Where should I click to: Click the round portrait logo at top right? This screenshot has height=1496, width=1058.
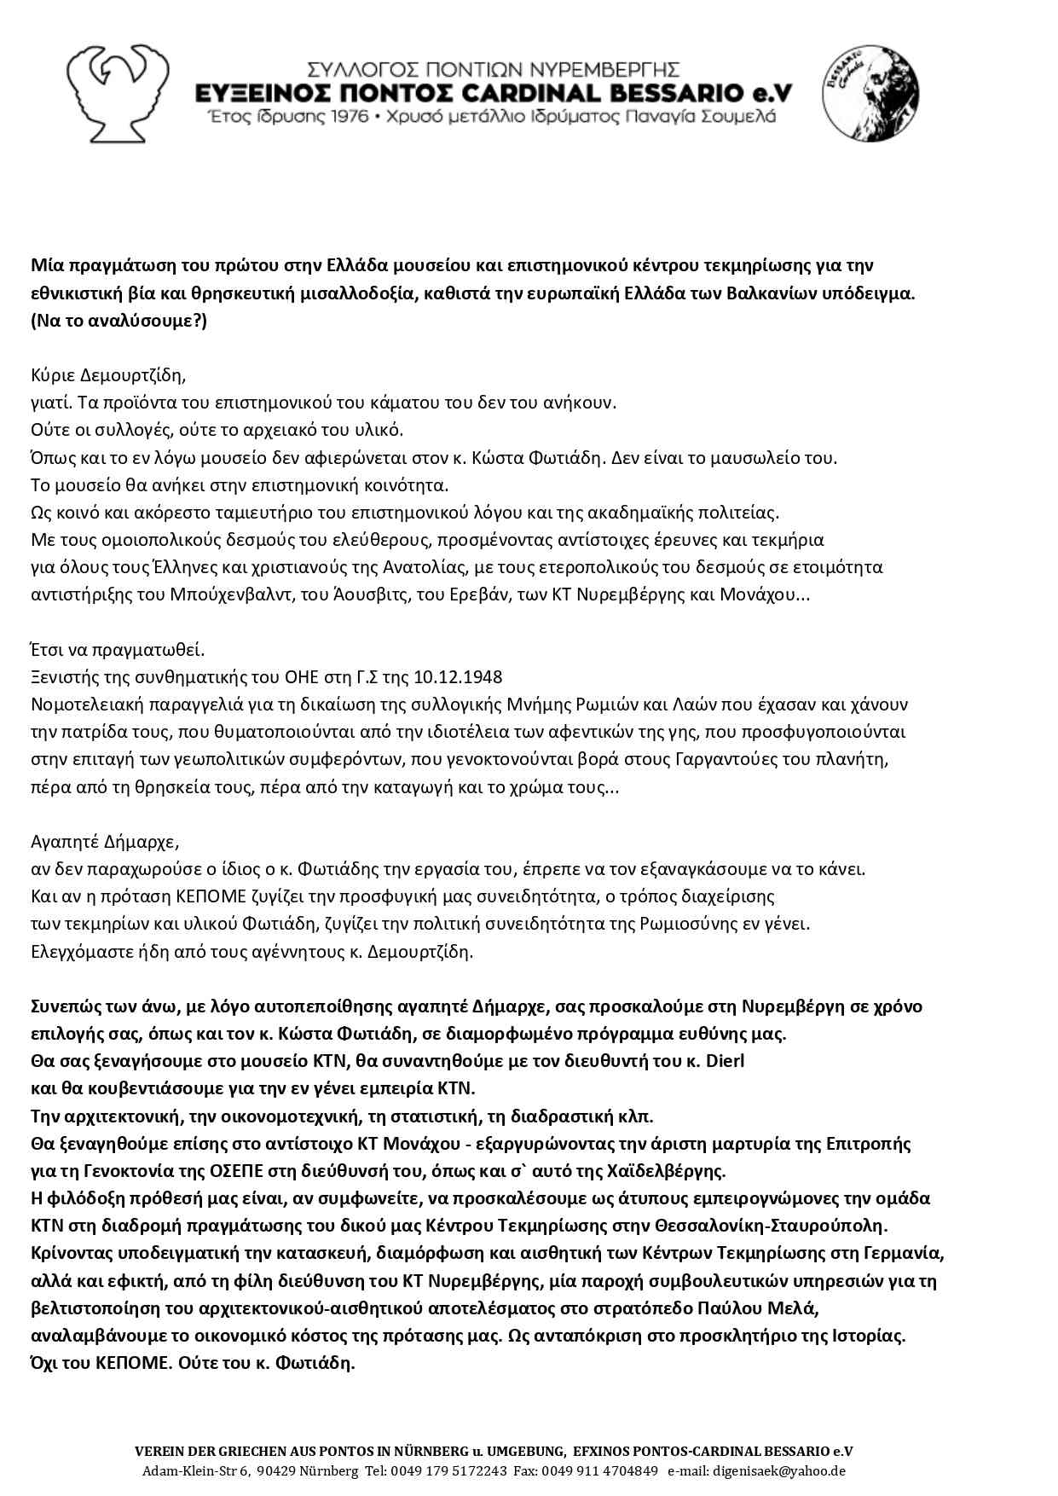870,94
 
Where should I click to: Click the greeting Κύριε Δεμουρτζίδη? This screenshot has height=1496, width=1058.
108,374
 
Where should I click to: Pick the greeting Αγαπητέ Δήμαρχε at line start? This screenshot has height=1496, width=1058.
105,842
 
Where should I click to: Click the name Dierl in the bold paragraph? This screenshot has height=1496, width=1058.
727,1061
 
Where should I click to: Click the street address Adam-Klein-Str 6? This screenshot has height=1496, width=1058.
196,1470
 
